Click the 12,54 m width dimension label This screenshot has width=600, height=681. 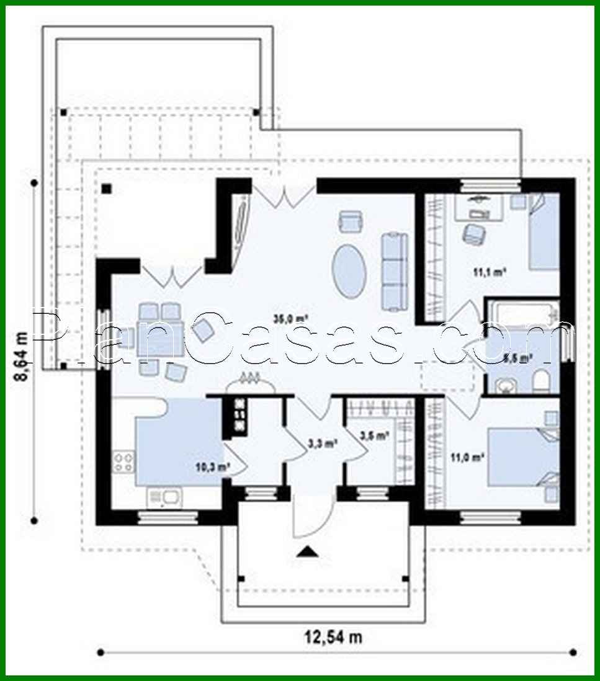coord(333,636)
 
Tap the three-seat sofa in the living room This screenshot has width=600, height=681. coord(393,267)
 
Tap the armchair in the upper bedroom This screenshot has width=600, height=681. coord(474,234)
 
